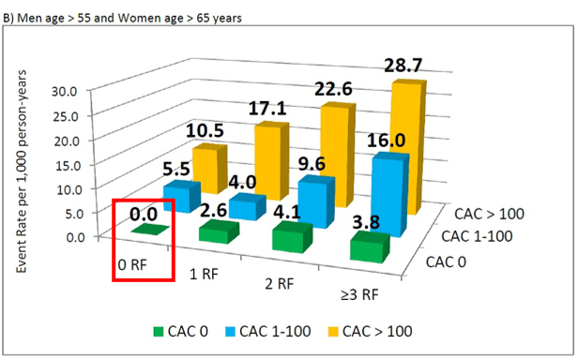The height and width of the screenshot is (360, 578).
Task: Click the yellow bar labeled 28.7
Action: click(408, 146)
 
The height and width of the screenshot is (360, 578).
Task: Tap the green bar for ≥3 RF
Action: click(370, 247)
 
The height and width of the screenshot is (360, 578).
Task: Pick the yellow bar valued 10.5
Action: click(209, 169)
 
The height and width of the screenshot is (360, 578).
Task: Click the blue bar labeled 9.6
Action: click(316, 202)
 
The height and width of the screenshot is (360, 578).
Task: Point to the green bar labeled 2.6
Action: click(219, 232)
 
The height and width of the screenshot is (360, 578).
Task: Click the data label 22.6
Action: click(333, 89)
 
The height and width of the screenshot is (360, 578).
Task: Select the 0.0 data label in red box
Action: click(144, 214)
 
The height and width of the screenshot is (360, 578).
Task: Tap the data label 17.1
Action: click(267, 109)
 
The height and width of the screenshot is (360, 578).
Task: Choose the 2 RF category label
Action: click(279, 284)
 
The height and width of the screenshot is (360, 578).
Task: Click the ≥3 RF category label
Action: click(359, 294)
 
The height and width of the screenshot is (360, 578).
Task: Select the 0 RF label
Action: click(132, 264)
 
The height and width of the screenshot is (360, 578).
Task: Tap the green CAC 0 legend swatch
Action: click(159, 332)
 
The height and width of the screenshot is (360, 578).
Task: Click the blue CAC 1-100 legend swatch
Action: click(230, 332)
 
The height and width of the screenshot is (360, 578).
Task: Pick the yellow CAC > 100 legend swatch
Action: click(333, 332)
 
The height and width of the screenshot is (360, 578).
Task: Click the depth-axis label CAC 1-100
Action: click(477, 236)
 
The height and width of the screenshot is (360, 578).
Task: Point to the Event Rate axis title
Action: click(22, 172)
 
